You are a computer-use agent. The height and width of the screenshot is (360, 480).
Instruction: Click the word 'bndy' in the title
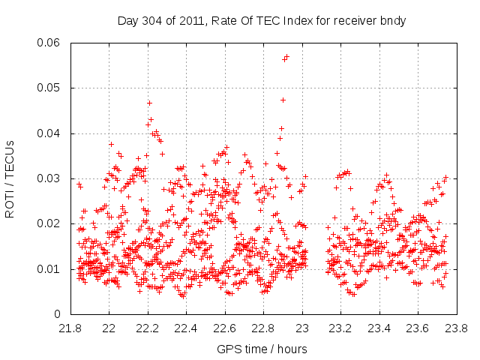[392, 21]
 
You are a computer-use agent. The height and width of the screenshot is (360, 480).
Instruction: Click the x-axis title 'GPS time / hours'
[262, 349]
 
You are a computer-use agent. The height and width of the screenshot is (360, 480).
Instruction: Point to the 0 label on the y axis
[58, 313]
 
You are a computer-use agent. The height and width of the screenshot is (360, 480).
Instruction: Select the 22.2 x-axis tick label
[148, 328]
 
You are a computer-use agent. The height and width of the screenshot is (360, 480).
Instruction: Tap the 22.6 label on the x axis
[225, 328]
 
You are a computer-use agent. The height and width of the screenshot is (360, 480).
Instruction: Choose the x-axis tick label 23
[302, 328]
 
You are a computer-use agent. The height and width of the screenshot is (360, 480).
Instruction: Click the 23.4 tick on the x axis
[379, 328]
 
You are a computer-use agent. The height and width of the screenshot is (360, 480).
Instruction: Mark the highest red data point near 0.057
[286, 56]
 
